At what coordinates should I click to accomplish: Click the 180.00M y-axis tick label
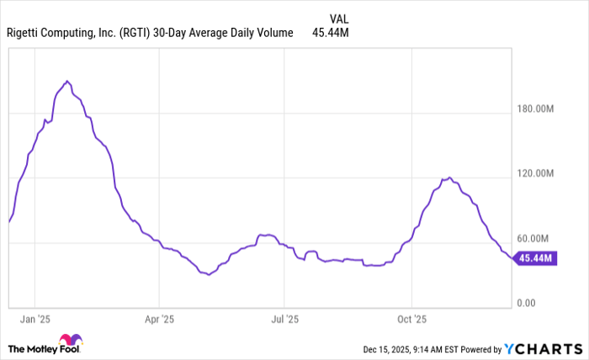point(535,109)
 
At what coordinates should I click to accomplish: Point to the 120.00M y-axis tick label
point(535,173)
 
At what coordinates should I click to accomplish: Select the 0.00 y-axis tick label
point(527,303)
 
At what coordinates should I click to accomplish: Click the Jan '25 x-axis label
point(34,320)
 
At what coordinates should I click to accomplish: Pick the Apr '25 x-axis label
point(158,320)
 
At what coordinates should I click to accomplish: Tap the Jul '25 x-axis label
point(284,320)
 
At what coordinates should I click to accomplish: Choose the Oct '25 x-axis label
point(411,320)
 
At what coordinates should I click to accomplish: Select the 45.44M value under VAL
point(330,33)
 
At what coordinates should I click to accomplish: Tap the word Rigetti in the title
point(29,33)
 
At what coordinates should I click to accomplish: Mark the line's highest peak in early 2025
point(67,81)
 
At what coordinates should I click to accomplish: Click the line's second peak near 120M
point(450,177)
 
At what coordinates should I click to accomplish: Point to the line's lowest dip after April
point(208,275)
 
